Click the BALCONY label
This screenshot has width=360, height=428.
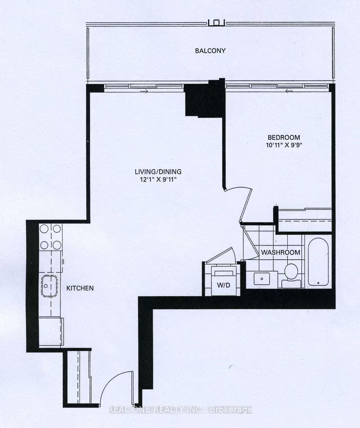(x=210, y=51)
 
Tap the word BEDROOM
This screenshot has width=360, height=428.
(x=283, y=138)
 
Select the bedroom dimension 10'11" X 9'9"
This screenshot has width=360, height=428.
(x=283, y=145)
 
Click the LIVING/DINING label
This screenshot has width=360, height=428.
(x=158, y=172)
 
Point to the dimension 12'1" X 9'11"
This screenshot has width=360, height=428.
(x=158, y=179)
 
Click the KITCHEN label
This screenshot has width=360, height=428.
(x=80, y=288)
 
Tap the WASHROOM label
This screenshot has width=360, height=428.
(x=280, y=252)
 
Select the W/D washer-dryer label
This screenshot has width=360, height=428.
(x=223, y=285)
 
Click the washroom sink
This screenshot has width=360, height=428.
(x=262, y=279)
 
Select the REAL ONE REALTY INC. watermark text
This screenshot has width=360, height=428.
(x=180, y=410)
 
